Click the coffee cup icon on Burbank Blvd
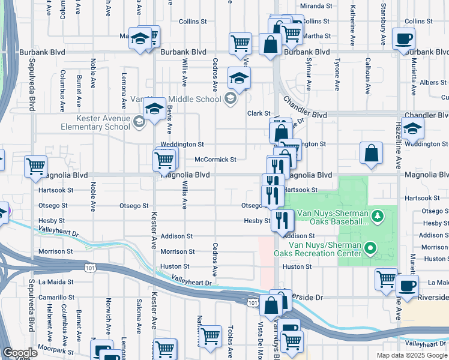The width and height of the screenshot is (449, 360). (x=403, y=38)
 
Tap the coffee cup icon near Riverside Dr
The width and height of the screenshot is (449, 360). (x=408, y=286)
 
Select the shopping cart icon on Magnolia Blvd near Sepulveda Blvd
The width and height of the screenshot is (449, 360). (x=35, y=166)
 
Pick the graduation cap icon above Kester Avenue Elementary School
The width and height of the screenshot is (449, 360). (x=154, y=110)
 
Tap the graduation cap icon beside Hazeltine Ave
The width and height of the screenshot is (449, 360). (x=413, y=128)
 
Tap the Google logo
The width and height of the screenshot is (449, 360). (x=20, y=352)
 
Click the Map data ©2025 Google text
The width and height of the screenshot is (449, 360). (x=411, y=355)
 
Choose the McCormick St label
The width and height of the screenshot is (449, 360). (x=215, y=160)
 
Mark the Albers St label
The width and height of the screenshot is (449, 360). (x=433, y=83)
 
